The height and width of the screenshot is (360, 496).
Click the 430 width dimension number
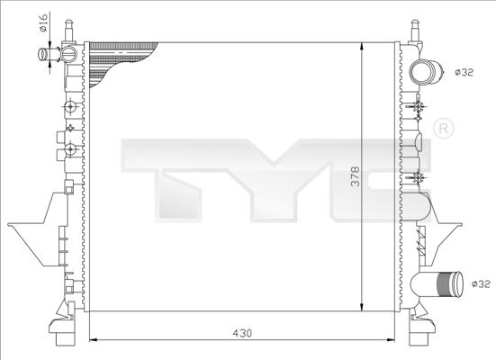pyautogui.click(x=243, y=333)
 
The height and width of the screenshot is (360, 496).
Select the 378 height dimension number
pyautogui.click(x=355, y=176)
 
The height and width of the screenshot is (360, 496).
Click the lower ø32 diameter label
pyautogui.click(x=482, y=284)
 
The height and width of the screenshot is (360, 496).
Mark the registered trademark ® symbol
pyautogui.click(x=442, y=129)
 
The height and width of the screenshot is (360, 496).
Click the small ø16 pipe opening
pyautogui.click(x=42, y=56)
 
